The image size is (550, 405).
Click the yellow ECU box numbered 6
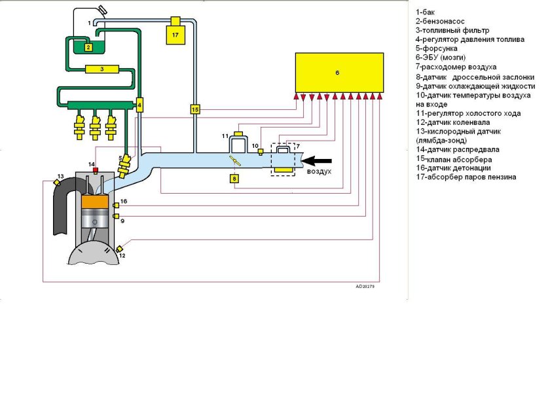[x=338, y=73]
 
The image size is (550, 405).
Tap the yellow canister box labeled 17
[x=175, y=34]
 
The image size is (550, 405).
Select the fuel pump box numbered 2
[x=87, y=46]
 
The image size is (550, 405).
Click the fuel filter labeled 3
[x=102, y=69]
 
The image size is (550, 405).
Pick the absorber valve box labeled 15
[x=194, y=109]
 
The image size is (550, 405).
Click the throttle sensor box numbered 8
[x=234, y=178]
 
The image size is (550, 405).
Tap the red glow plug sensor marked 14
[x=95, y=171]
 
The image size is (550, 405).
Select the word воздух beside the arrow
[x=320, y=171]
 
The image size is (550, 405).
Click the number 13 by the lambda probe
[x=60, y=177]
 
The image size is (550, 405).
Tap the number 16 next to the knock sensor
[x=124, y=202]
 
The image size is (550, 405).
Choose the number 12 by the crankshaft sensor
[x=122, y=256]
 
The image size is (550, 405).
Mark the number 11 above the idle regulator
[x=224, y=135]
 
